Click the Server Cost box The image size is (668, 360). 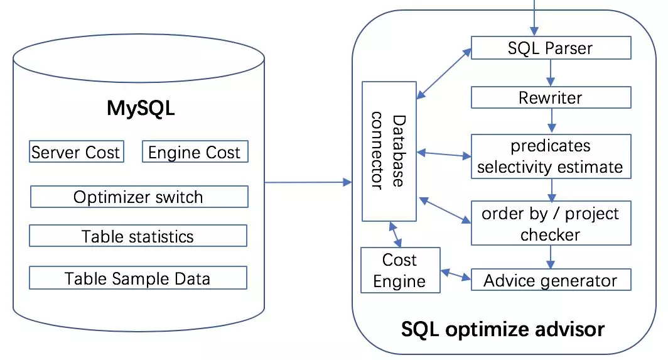76,152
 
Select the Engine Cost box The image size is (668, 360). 194,152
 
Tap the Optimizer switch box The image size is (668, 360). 139,197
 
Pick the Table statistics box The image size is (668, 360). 138,236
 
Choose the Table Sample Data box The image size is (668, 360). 138,278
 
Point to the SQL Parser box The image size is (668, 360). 551,48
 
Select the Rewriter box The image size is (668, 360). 551,97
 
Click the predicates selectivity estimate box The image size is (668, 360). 551,156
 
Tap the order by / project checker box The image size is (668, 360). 551,224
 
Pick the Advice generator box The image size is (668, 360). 551,280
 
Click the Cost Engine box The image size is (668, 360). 400,270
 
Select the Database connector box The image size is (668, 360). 389,151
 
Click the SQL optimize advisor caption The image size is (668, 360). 503,329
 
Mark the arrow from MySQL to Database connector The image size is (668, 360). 308,182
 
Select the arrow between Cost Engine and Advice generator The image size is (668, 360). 456,274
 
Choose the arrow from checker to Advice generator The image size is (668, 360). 551,257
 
